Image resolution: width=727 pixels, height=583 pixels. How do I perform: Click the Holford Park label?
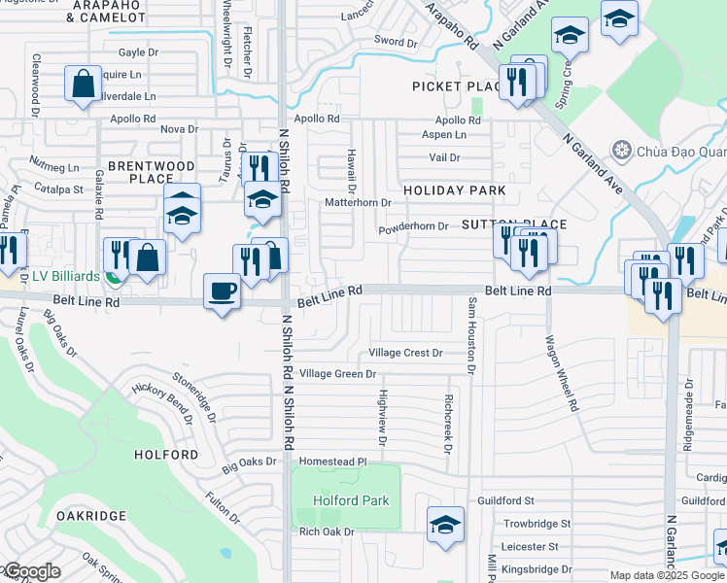coord(351,500)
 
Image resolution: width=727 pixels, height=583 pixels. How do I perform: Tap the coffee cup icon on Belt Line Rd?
coord(223,291)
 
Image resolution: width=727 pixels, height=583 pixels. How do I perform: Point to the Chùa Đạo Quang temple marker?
coord(622,151)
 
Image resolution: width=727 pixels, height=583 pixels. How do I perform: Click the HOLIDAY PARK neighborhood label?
coord(454,190)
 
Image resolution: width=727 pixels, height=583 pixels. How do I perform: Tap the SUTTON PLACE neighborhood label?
coord(513,224)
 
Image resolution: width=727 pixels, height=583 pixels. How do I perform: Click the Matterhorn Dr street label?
coord(358,203)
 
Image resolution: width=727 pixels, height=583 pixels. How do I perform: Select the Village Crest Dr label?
coord(406,353)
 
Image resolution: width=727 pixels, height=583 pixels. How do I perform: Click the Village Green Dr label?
coord(337,373)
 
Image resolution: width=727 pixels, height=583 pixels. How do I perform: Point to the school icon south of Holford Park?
coord(445,525)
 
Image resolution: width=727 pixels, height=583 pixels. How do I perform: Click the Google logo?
coord(32,571)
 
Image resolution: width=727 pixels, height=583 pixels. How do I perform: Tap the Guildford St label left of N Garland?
coord(505,500)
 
